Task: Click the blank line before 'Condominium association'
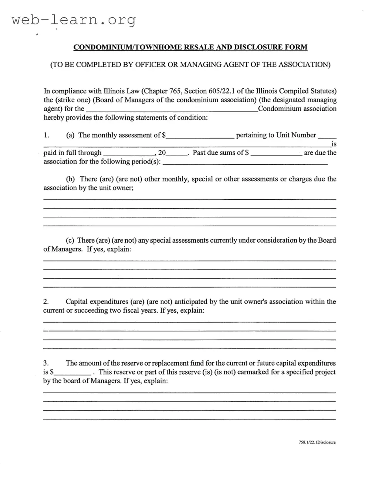171,110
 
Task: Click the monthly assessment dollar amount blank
200,136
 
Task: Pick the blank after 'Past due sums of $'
276,154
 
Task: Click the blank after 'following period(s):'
245,163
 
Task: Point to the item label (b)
70,179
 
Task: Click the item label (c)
70,240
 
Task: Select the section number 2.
46,302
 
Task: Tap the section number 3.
46,363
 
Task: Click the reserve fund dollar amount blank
73,373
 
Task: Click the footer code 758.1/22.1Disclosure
317,442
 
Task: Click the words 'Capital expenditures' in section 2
97,302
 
